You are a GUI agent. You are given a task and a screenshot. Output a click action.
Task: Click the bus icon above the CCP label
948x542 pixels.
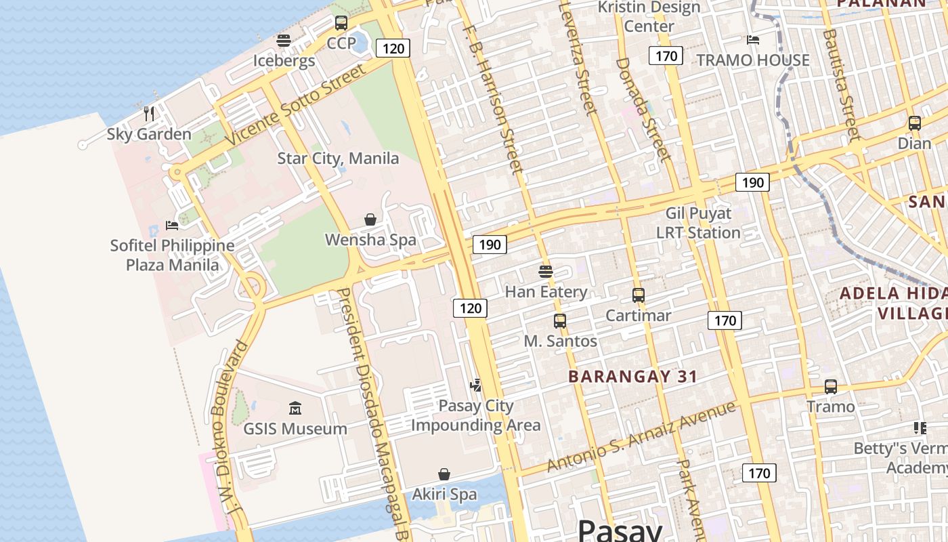[341, 23]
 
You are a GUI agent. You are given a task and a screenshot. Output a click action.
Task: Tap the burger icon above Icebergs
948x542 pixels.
[284, 41]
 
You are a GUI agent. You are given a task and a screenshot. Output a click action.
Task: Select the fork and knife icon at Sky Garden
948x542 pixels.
[149, 113]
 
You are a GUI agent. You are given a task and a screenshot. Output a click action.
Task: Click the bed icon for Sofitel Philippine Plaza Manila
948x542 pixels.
[172, 225]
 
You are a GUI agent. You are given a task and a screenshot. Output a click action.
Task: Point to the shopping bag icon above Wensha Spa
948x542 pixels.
[370, 220]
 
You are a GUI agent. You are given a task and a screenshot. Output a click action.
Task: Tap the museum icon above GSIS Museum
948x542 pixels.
[295, 409]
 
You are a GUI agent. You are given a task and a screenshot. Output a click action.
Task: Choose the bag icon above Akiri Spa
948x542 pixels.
[444, 474]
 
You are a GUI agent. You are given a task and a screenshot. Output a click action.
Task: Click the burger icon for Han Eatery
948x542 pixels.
[546, 272]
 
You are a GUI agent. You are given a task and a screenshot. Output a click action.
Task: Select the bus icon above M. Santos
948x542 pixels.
[560, 321]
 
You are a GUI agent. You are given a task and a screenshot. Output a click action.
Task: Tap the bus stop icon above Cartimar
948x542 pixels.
[638, 295]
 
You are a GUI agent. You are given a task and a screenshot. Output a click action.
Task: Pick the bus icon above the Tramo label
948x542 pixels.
[831, 387]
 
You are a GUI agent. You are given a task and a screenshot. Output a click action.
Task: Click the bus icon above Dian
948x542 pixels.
[914, 123]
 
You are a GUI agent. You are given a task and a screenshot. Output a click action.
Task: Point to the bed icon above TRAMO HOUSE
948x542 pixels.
[753, 40]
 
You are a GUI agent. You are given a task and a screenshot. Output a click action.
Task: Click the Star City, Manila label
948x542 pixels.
[338, 159]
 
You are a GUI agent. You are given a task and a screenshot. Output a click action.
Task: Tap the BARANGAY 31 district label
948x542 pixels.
[632, 377]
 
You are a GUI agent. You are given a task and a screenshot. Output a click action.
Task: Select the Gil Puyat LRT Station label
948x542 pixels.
[698, 223]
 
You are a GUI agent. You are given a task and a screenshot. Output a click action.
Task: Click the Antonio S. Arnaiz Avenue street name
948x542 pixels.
[641, 437]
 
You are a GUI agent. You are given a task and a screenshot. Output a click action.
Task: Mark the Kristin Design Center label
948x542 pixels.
[649, 17]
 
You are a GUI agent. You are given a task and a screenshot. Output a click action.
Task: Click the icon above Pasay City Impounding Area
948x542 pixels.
[476, 385]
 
